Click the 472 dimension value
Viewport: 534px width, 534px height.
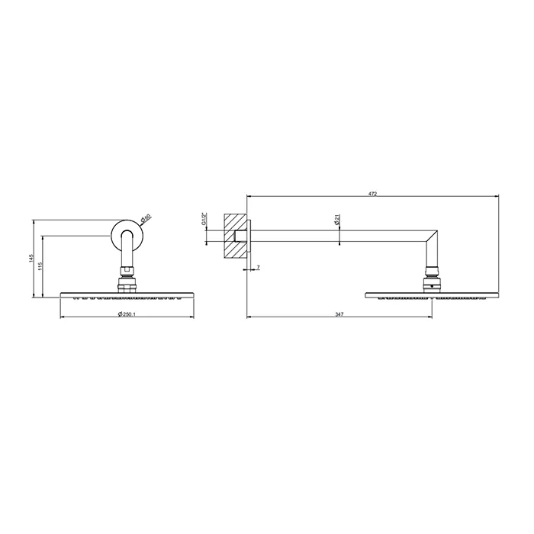[x=372, y=194]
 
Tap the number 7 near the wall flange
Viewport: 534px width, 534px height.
[x=259, y=268]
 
